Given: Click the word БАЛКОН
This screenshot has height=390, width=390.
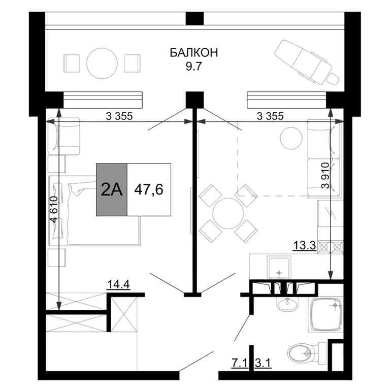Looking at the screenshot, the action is click(194, 53).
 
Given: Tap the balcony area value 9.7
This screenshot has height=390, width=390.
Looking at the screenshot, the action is click(194, 67).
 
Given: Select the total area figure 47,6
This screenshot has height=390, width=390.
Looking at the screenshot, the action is click(149, 190).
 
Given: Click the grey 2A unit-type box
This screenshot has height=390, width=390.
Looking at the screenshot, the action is click(112, 189).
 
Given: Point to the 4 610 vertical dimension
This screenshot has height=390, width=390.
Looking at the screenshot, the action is click(54, 209).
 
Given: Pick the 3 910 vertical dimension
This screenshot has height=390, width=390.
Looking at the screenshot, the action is click(325, 175).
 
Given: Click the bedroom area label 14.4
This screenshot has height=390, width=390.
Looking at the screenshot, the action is click(118, 284).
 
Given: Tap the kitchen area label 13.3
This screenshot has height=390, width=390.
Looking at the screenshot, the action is click(305, 246).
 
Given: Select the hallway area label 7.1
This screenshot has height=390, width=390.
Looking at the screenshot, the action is click(240, 363).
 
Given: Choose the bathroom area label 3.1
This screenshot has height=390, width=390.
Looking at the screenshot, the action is click(263, 363).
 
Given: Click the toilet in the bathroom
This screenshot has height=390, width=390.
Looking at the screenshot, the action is click(307, 352).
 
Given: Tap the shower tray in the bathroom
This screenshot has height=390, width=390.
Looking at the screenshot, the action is click(326, 314).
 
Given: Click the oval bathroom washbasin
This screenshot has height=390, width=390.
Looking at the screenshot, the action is click(287, 303).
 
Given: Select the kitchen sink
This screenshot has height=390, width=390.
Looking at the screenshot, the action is click(279, 268).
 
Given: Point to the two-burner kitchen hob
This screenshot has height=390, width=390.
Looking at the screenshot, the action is click(330, 247).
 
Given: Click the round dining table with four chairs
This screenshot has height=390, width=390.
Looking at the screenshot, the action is click(229, 213).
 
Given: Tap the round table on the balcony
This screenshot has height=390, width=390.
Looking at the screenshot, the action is click(102, 63).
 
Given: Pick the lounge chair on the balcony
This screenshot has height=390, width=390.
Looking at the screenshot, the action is click(307, 62).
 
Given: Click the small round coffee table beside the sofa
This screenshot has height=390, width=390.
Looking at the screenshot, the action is click(291, 139).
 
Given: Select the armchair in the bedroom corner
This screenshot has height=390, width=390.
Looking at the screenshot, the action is click(63, 136).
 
